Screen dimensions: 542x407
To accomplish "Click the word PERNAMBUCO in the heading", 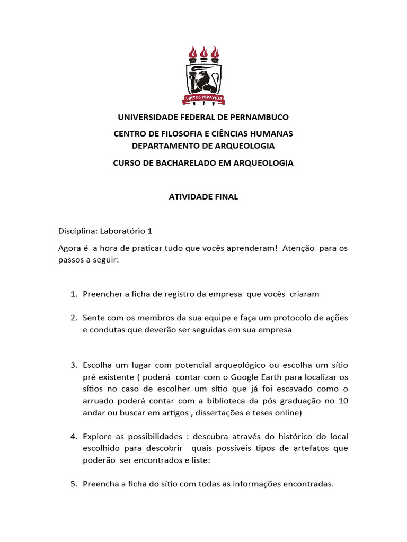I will tap(259, 117).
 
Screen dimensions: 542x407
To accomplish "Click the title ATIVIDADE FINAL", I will tap(203, 197).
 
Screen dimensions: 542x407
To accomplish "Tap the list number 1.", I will tap(73, 294).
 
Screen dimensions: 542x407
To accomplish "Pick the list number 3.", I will tap(73, 366).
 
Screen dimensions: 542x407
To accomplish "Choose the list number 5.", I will tap(73, 483).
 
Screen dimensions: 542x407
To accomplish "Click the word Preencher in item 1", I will tap(103, 294).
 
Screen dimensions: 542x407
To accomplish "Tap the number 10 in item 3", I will tap(342, 401).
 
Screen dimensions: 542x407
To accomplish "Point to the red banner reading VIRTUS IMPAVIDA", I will tap(203, 98).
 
